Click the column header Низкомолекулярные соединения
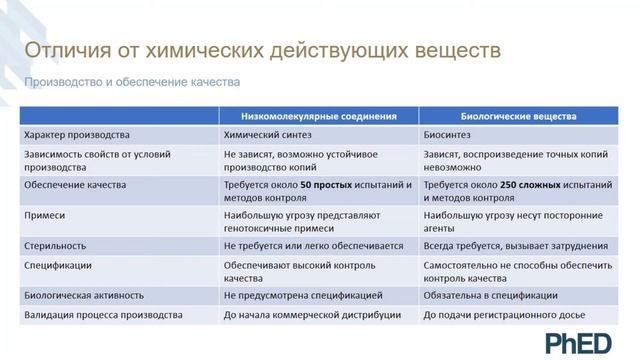point(320,116)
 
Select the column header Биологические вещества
point(519,116)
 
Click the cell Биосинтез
point(448,134)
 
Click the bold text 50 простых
point(326,185)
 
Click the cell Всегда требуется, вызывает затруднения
point(515,245)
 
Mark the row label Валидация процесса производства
point(102,316)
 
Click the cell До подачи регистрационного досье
point(504,316)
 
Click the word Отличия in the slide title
point(66,50)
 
